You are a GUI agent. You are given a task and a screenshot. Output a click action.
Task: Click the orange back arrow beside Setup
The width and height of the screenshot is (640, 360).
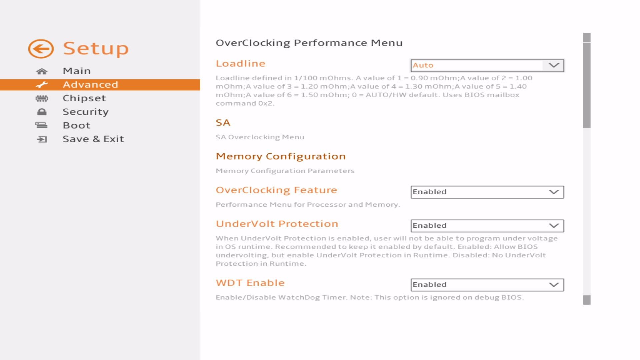41,49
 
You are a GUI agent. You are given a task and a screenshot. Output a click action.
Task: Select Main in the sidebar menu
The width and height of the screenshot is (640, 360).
77,71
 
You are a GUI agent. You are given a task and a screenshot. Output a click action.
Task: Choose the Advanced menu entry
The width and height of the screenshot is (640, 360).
90,85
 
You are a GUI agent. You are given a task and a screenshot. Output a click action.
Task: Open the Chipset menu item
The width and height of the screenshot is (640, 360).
84,98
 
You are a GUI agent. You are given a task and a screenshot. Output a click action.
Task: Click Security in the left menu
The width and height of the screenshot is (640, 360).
86,112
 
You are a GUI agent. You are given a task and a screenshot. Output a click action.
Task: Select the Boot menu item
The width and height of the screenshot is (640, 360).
77,126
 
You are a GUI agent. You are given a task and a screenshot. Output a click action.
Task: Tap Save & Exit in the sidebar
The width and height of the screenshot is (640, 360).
93,139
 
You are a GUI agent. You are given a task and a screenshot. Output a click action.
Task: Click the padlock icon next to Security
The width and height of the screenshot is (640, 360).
42,112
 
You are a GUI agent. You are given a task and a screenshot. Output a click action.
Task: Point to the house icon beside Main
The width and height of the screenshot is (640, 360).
42,71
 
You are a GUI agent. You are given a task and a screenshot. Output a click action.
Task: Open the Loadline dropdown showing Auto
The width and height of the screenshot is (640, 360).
487,65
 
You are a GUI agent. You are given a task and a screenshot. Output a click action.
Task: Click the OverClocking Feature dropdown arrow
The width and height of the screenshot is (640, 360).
554,192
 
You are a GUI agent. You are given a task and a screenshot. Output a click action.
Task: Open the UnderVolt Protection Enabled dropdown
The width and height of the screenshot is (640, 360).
487,226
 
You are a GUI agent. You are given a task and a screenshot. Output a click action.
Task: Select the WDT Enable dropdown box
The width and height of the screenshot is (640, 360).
487,285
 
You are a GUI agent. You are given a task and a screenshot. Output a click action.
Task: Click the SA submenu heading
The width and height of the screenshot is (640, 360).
223,123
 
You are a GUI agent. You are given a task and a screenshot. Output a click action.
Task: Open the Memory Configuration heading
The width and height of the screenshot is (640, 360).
281,156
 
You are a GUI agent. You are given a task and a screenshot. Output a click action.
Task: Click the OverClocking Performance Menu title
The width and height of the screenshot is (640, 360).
309,43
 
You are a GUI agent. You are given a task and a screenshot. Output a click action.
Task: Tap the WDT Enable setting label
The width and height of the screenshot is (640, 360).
250,283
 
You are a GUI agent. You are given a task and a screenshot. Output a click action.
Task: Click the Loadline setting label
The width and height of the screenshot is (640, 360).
240,64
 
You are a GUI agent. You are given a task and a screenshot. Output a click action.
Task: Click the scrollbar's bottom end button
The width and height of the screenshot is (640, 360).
587,300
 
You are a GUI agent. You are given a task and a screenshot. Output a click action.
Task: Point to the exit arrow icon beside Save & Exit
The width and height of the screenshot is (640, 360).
42,139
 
